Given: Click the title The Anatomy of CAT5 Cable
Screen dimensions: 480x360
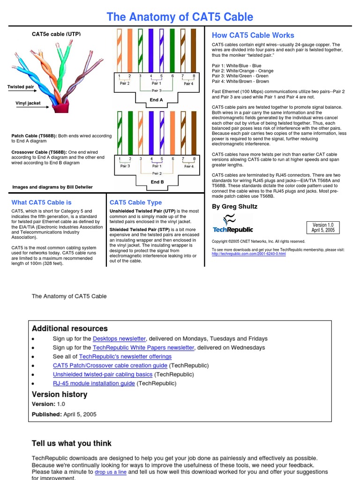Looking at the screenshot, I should click(x=180, y=17).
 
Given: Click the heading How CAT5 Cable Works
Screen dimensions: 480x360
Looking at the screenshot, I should click(x=253, y=35).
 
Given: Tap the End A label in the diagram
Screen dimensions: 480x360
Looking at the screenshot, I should click(x=157, y=100).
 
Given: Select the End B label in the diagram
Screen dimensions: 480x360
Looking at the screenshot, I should click(x=157, y=182).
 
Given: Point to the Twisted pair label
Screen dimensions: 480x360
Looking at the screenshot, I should click(x=21, y=87).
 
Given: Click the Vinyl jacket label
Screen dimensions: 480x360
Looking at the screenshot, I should click(x=28, y=103).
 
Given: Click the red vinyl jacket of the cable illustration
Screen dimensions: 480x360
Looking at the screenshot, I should click(x=60, y=106).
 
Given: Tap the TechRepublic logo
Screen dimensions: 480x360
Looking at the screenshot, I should click(x=232, y=224).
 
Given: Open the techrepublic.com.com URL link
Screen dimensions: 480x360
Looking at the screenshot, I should click(x=248, y=254).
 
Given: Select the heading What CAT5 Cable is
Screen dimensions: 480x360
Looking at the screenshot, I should click(x=41, y=202).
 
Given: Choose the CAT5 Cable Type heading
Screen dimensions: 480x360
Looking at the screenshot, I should click(x=135, y=202).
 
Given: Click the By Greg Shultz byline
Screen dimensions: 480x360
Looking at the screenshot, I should click(x=234, y=206).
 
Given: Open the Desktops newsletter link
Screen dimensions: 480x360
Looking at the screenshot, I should click(x=119, y=338).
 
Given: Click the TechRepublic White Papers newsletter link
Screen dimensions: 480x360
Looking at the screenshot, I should click(x=143, y=348).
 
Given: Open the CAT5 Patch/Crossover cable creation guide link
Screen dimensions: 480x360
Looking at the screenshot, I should click(x=110, y=366).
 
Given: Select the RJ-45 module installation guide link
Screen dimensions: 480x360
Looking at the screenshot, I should click(x=94, y=383).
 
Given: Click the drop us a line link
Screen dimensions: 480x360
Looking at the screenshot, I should click(x=111, y=472).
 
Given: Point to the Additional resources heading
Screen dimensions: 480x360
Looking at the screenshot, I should click(x=70, y=329).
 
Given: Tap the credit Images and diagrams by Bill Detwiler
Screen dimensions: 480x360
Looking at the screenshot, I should click(x=52, y=187).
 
